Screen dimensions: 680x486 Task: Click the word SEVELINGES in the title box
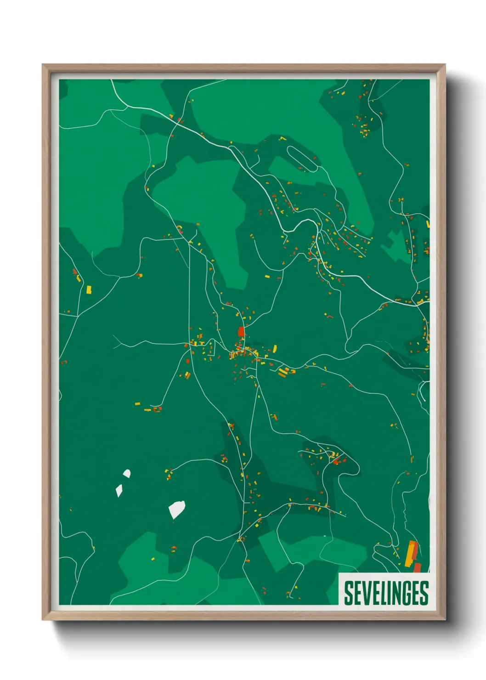click(386, 593)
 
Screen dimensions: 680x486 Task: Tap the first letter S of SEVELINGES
click(348, 593)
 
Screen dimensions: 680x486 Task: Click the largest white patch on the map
click(176, 509)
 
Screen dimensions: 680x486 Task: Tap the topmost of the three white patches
click(126, 473)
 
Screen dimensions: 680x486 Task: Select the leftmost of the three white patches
click(119, 491)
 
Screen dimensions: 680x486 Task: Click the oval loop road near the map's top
click(302, 159)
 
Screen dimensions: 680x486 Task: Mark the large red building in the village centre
click(241, 331)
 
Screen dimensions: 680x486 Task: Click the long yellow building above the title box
click(410, 553)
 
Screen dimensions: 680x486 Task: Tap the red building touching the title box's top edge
click(417, 568)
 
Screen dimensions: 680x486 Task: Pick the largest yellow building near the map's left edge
click(89, 289)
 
